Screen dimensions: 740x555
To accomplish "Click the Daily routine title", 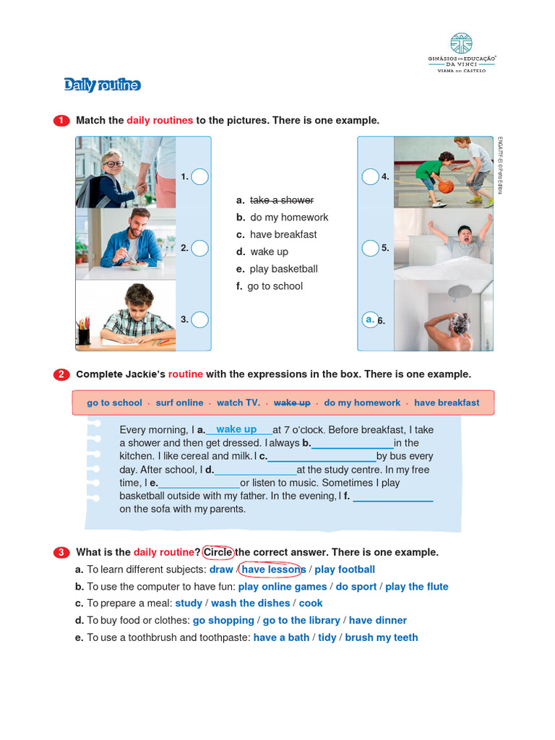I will click(102, 85).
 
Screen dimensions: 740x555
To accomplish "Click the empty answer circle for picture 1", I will click(200, 176).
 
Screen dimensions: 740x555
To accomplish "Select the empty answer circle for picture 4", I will click(370, 176).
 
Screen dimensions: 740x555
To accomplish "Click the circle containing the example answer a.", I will click(370, 319).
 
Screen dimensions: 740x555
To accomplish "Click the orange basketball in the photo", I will click(446, 186).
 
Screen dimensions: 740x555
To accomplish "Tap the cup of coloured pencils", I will click(85, 331).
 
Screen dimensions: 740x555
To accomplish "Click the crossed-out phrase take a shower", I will click(281, 200).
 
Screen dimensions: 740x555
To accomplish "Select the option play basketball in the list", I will click(283, 269).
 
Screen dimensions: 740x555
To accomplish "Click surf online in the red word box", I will click(179, 403).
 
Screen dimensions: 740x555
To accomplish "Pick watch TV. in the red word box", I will click(238, 403).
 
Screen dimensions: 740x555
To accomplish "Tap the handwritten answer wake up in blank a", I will click(236, 429).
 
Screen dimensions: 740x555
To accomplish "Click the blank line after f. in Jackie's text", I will click(392, 496).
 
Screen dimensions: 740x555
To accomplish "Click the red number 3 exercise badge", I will click(62, 553).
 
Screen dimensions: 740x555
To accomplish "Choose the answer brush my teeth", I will click(381, 637).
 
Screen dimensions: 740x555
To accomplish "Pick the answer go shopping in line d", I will click(224, 620).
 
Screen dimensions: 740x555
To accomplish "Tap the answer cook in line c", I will click(311, 603).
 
